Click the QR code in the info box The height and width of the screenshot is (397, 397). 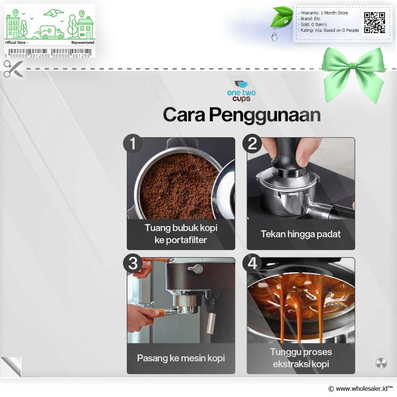pyautogui.click(x=375, y=22)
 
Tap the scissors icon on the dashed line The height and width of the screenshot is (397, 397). pyautogui.click(x=13, y=69)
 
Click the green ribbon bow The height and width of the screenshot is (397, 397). pyautogui.click(x=354, y=73)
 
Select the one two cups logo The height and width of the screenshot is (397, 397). pyautogui.click(x=241, y=91)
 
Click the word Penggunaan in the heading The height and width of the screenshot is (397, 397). pyautogui.click(x=265, y=115)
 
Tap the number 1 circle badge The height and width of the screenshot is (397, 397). pyautogui.click(x=133, y=143)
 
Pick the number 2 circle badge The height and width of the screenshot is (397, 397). pyautogui.click(x=252, y=143)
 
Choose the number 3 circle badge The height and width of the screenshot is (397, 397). pyautogui.click(x=133, y=263)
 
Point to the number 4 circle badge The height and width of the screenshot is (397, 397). pyautogui.click(x=252, y=263)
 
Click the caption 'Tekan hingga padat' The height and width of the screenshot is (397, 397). pyautogui.click(x=300, y=234)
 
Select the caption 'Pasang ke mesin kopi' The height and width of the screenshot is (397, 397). pyautogui.click(x=181, y=358)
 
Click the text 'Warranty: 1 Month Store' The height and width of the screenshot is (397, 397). pyautogui.click(x=325, y=13)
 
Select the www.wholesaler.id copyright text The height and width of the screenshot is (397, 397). pyautogui.click(x=361, y=388)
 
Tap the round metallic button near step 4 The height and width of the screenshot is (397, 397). pyautogui.click(x=381, y=363)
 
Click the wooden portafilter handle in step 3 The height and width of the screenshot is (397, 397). pyautogui.click(x=158, y=312)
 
